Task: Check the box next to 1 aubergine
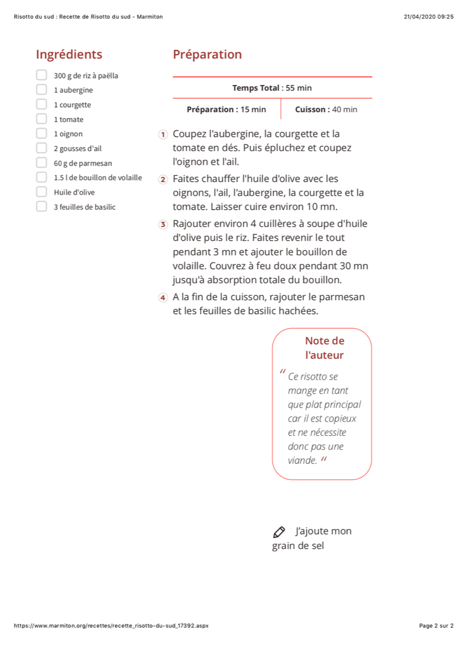tap(41, 89)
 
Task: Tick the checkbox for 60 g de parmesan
tap(41, 163)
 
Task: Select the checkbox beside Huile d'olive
tap(41, 192)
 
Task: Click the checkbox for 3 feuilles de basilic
tap(41, 207)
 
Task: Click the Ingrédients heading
tap(69, 55)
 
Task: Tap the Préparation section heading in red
tap(207, 55)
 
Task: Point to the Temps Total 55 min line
tap(272, 88)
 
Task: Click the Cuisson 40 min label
tap(326, 109)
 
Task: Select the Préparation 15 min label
tap(226, 109)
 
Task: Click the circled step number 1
tap(163, 135)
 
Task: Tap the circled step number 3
tap(163, 224)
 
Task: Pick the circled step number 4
tap(163, 297)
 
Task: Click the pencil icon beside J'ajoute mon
tap(279, 532)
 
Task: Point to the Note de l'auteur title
tap(324, 348)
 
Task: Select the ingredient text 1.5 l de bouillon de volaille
tap(98, 178)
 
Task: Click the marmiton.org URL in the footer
tap(111, 626)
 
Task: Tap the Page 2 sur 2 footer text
tap(436, 626)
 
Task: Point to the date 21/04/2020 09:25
tap(428, 17)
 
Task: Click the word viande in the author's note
tap(302, 461)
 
